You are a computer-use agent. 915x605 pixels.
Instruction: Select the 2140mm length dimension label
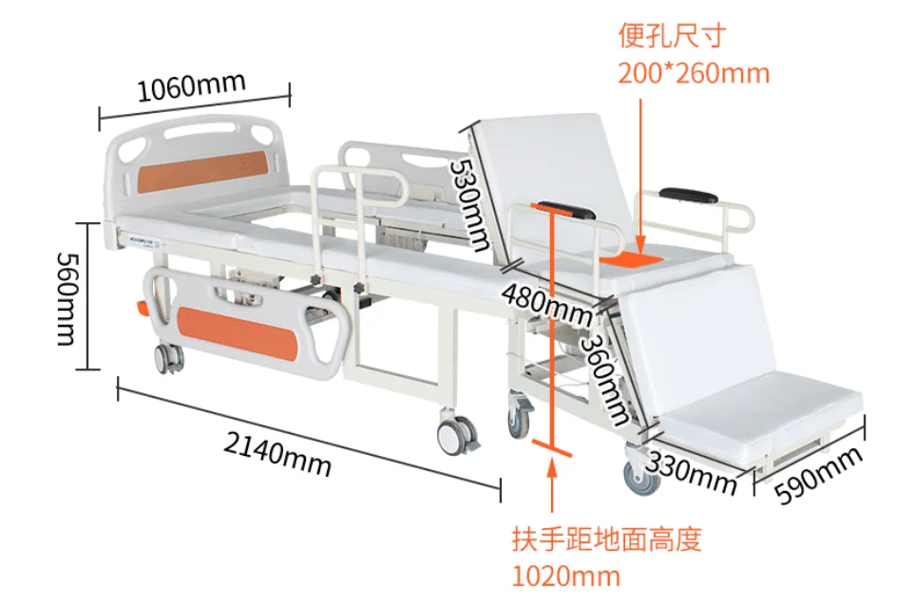(277, 447)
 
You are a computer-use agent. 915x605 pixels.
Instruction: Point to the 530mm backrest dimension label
(470, 204)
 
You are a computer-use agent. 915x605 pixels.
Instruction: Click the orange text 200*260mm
(693, 73)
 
